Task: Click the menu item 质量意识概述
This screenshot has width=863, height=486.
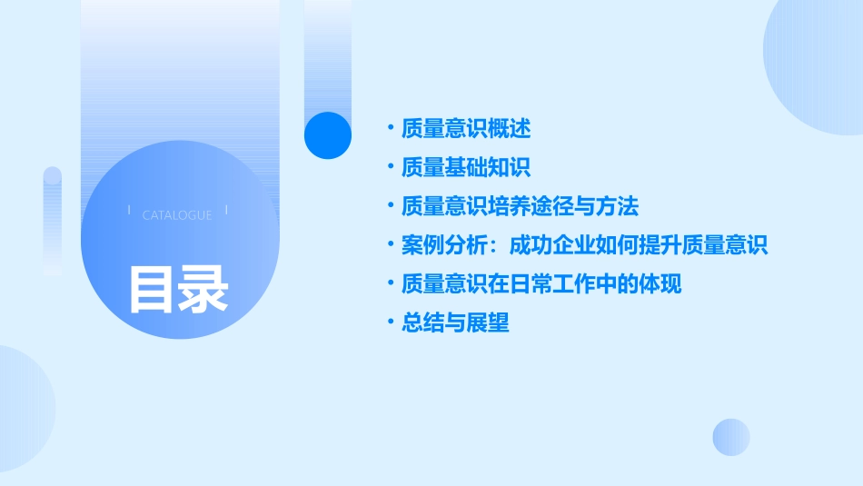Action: [x=466, y=129]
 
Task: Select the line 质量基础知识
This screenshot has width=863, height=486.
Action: [x=466, y=168]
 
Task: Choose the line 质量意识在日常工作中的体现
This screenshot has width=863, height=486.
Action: [x=541, y=284]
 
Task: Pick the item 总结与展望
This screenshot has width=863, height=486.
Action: [x=455, y=322]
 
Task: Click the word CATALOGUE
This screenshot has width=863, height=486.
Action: [x=177, y=215]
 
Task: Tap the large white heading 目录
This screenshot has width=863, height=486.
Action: [x=178, y=289]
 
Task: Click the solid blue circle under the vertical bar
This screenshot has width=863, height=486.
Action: [x=328, y=135]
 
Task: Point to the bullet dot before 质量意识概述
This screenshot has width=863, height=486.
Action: [x=391, y=129]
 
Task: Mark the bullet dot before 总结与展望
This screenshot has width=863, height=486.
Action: [x=391, y=322]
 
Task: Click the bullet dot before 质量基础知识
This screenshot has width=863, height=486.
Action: [x=391, y=168]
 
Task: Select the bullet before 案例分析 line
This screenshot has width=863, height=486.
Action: [x=391, y=245]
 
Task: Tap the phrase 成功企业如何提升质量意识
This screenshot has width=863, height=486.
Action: [x=639, y=245]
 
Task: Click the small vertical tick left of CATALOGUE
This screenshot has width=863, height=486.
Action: [x=129, y=211]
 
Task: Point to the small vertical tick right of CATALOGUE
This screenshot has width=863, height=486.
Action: [x=225, y=211]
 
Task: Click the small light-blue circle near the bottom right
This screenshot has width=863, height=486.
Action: [x=731, y=437]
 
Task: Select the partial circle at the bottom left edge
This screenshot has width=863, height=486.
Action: [x=23, y=409]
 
